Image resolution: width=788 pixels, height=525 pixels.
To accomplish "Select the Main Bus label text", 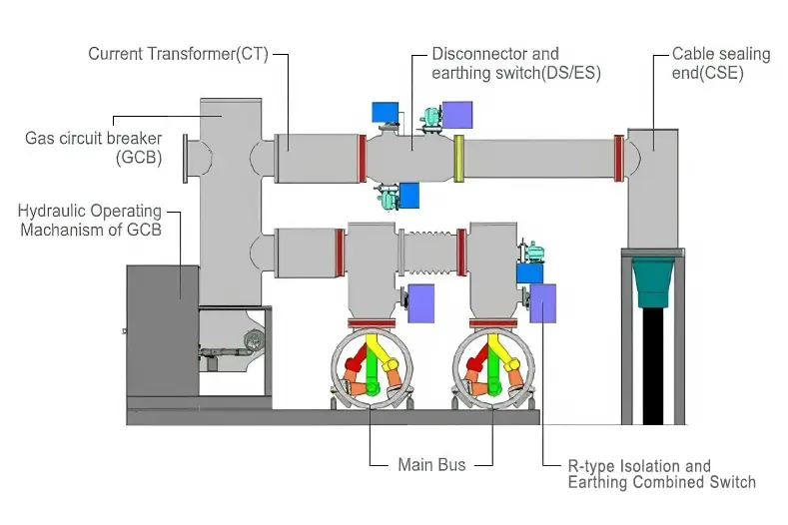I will click(431, 464).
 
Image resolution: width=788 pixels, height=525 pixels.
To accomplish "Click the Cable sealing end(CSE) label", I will click(720, 63).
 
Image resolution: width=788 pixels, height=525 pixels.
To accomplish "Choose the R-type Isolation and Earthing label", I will click(660, 474).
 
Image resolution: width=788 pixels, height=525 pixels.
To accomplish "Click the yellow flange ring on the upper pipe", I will click(459, 159).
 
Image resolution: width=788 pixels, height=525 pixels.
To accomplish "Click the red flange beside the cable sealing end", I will click(619, 158).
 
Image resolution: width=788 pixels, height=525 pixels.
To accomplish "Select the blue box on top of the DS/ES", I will click(385, 113).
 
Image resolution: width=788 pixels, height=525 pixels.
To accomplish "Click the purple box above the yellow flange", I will click(457, 115).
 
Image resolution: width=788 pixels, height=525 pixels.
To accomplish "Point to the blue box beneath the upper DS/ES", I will click(408, 195).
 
